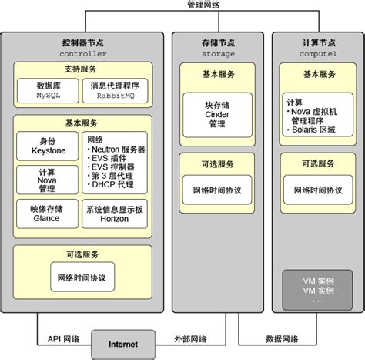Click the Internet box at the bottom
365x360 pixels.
tap(122, 343)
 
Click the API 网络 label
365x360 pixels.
tap(62, 338)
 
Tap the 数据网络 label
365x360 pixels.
tap(282, 338)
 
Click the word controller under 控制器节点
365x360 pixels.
tap(82, 54)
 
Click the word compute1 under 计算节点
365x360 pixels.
tap(318, 54)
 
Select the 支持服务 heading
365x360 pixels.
tap(82, 69)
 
